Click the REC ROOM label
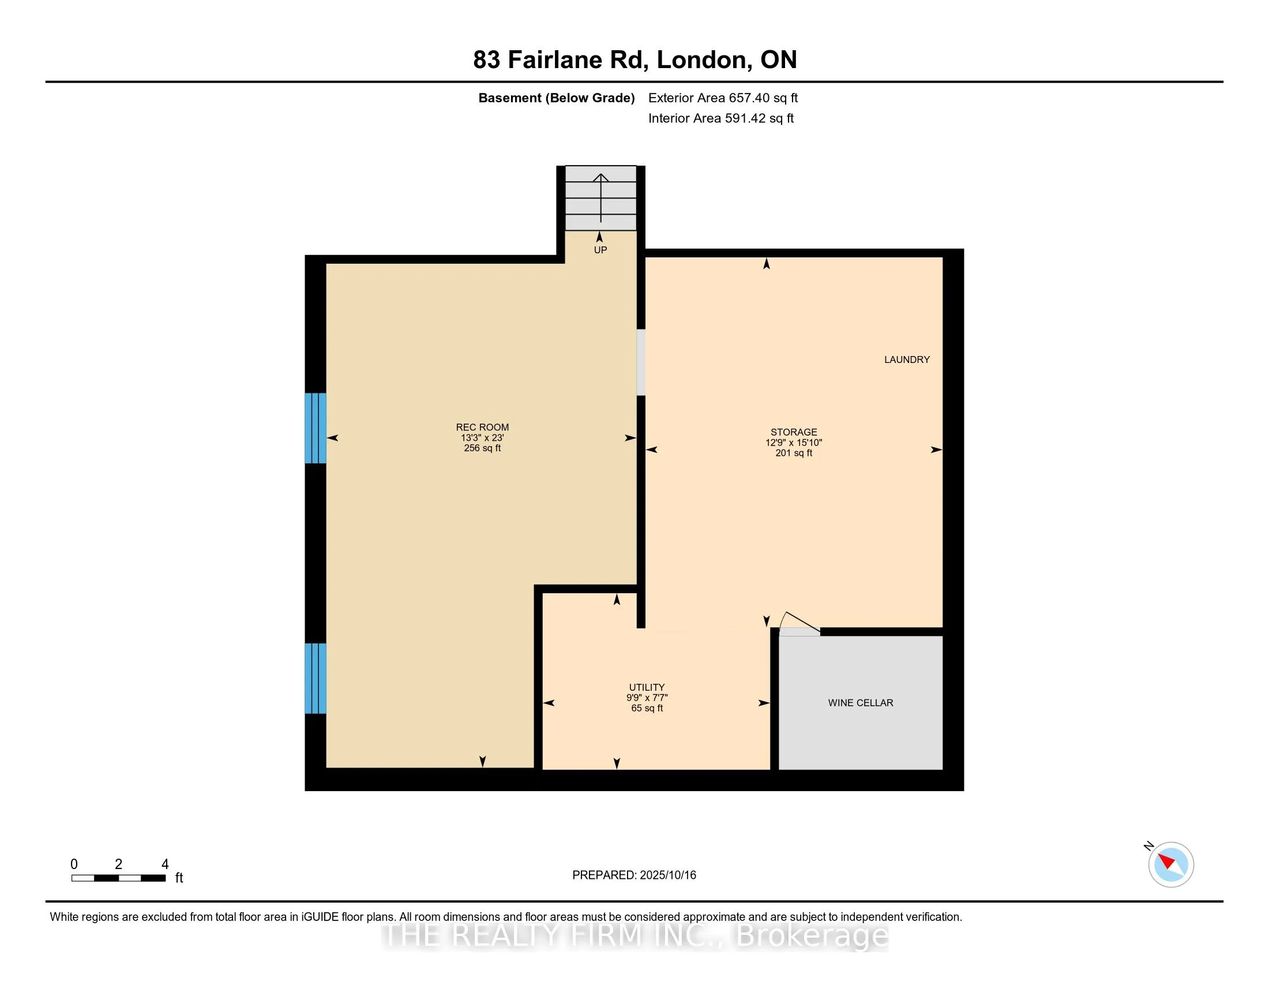tap(482, 427)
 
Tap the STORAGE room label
tap(794, 432)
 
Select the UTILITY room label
tap(647, 687)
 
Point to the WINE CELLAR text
tap(861, 703)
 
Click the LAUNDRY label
tap(907, 360)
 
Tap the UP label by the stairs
tap(600, 250)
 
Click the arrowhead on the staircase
tap(601, 177)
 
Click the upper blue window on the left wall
tap(316, 428)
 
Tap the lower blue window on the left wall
tap(316, 678)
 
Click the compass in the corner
tap(1170, 864)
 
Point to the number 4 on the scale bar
tap(165, 864)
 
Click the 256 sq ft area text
tap(482, 448)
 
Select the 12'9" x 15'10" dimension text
tap(794, 442)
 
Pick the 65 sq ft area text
tap(647, 708)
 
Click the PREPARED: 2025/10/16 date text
tap(634, 875)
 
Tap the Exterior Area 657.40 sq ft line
tap(723, 98)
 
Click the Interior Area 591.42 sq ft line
tap(721, 118)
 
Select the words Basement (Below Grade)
tap(556, 98)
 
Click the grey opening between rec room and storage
tap(641, 362)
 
